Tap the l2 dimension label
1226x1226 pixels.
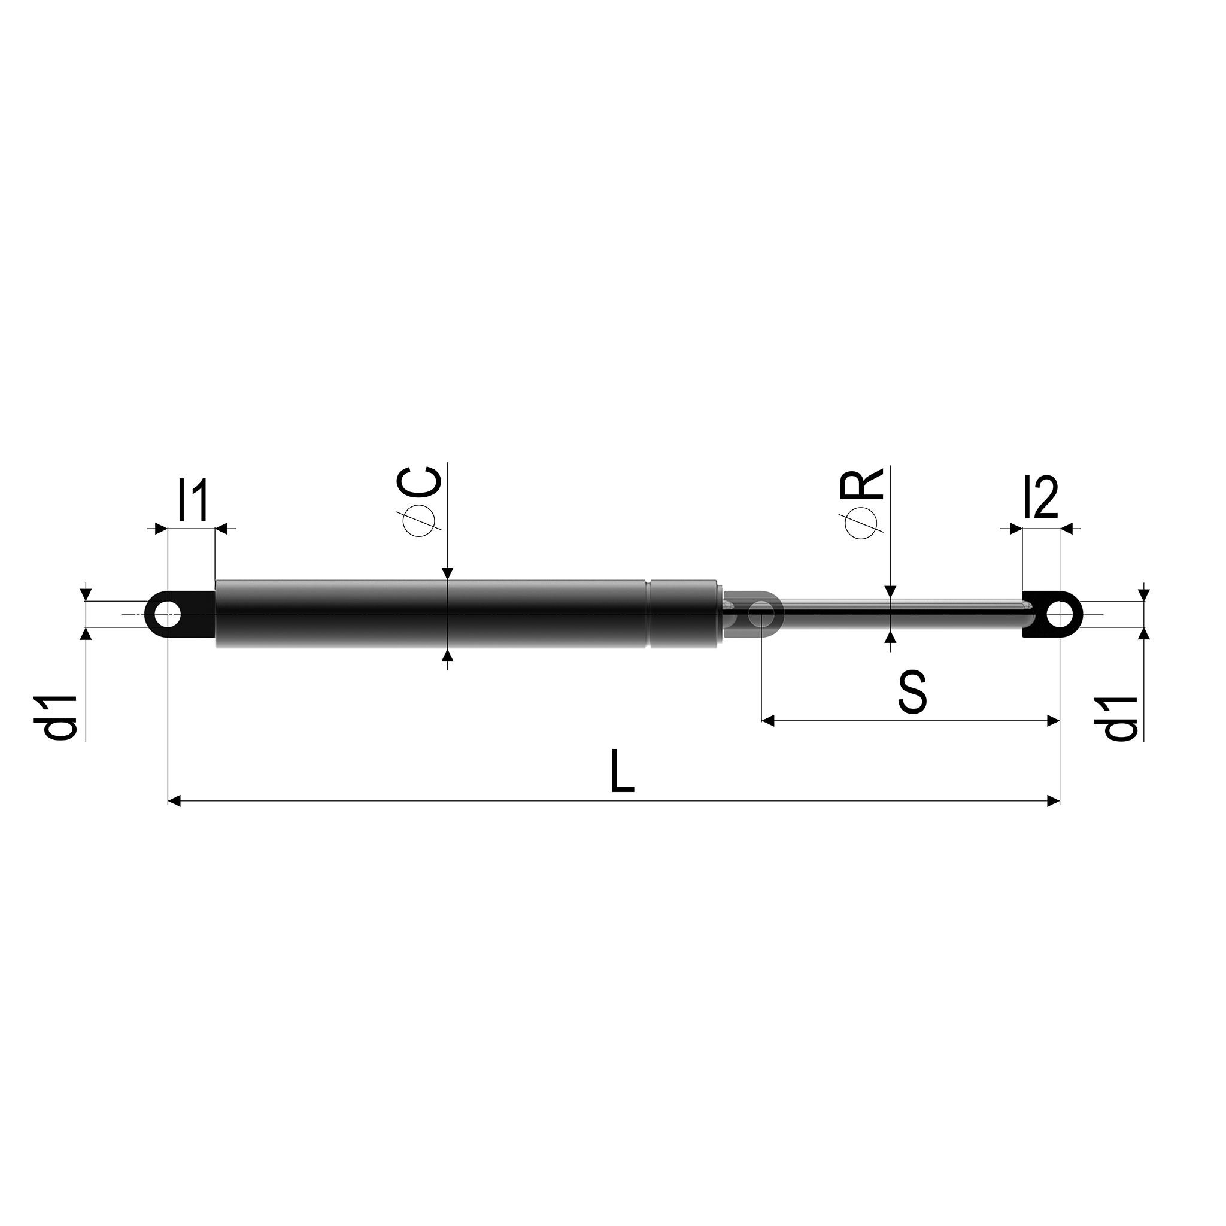coord(1040,500)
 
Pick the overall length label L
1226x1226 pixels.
coord(622,771)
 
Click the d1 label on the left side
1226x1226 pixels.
coord(62,717)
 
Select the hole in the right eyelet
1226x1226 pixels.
coord(1059,614)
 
